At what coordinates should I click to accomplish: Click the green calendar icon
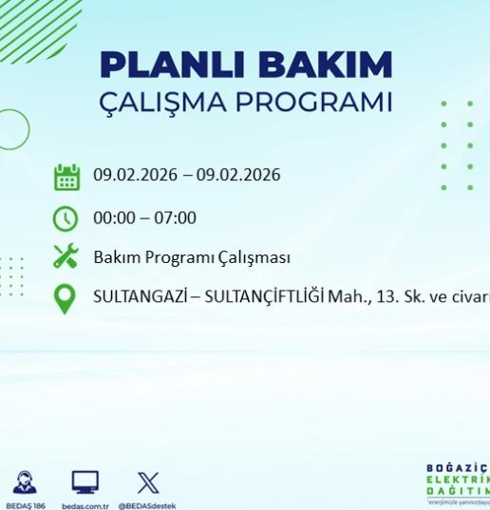[x=66, y=177]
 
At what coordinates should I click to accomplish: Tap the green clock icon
[x=66, y=218]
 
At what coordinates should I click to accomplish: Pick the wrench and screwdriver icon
[x=66, y=257]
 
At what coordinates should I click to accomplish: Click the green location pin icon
[x=66, y=299]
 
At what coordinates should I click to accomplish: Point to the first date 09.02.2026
[x=133, y=176]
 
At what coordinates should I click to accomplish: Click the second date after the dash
[x=241, y=176]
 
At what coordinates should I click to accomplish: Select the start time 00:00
[x=113, y=217]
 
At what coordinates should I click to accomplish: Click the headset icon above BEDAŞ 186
[x=26, y=482]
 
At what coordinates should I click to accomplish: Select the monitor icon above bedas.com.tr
[x=85, y=482]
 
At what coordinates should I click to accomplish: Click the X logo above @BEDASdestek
[x=147, y=482]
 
